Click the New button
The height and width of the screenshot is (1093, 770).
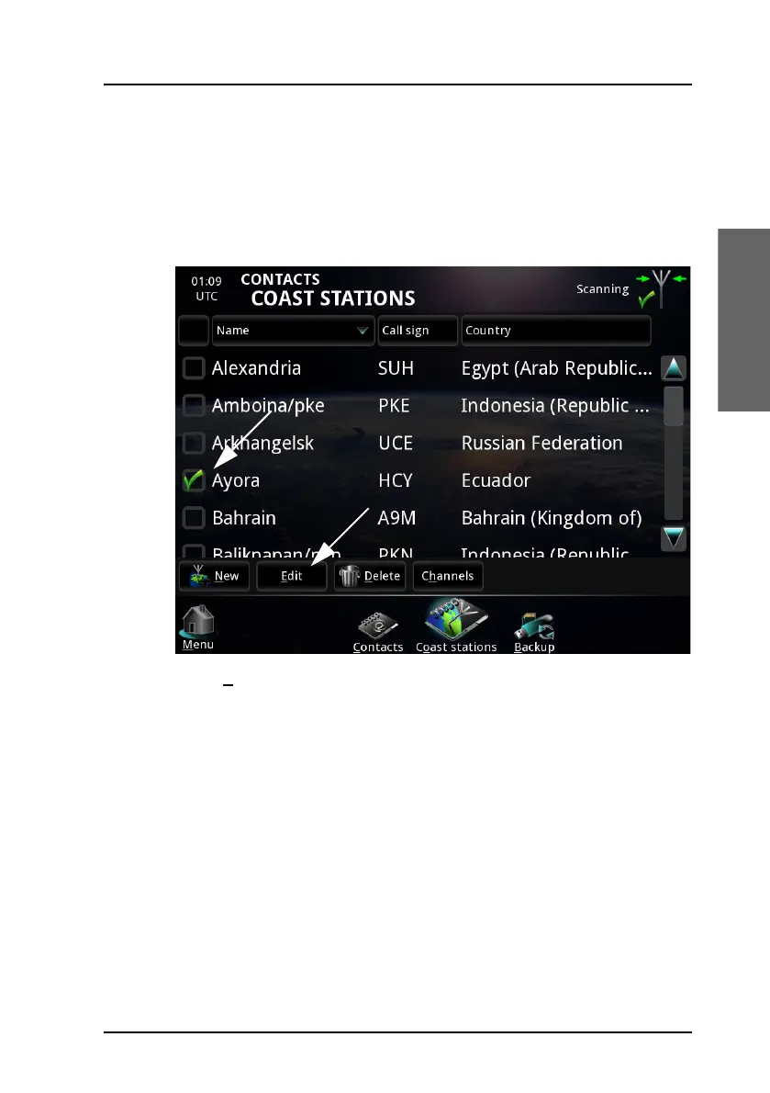coord(214,576)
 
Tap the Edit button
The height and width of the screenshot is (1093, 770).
coord(291,576)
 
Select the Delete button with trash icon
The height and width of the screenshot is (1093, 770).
coord(370,576)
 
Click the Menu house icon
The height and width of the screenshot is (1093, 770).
coord(197,625)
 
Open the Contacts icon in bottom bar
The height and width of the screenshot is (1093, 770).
coord(377,630)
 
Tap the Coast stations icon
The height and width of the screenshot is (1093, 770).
coord(456,625)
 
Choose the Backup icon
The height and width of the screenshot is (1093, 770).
coord(534,630)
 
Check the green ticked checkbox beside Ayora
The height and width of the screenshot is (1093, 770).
coord(193,480)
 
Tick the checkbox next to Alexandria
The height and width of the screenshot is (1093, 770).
coord(193,368)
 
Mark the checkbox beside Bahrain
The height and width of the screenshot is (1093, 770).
coord(193,518)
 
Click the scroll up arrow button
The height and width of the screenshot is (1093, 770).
coord(674,368)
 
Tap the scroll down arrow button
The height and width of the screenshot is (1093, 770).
coord(674,538)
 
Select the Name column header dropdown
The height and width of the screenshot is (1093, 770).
coord(293,331)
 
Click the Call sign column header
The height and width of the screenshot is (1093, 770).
coord(418,331)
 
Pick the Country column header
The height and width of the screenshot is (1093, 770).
coord(555,331)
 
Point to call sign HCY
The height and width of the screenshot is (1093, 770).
coord(396,480)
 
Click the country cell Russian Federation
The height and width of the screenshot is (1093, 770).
coord(541,443)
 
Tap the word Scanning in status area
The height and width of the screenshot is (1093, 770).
coord(602,289)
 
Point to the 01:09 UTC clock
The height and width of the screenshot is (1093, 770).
coord(206,288)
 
